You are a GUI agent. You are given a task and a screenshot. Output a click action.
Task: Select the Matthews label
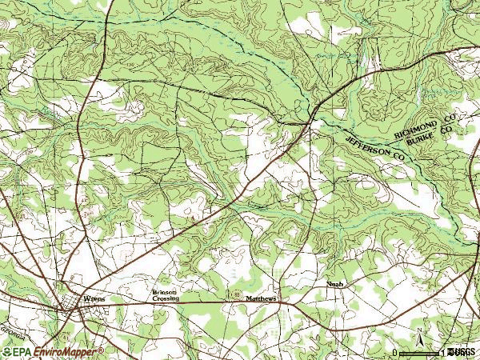pyautogui.click(x=261, y=299)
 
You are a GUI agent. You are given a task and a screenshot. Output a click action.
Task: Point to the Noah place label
pyautogui.click(x=335, y=284)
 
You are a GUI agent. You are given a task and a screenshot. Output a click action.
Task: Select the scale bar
pyautogui.click(x=421, y=353)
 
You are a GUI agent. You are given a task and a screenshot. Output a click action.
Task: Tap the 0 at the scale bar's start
pyautogui.click(x=394, y=352)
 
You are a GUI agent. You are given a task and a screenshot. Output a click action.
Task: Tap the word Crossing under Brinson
pyautogui.click(x=166, y=299)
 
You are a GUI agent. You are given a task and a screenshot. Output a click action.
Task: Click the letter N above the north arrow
pyautogui.click(x=420, y=329)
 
